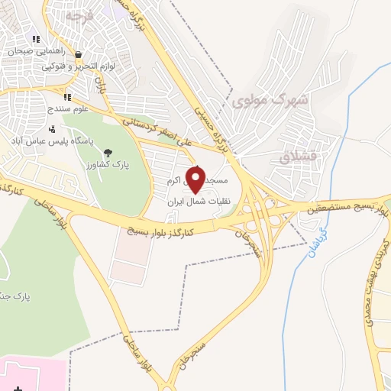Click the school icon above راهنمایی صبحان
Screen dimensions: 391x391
[35, 40]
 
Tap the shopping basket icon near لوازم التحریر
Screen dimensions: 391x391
[79, 55]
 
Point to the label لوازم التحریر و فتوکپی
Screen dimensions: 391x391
[86, 66]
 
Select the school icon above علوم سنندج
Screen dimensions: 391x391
[66, 97]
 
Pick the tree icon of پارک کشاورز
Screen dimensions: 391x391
[107, 152]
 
